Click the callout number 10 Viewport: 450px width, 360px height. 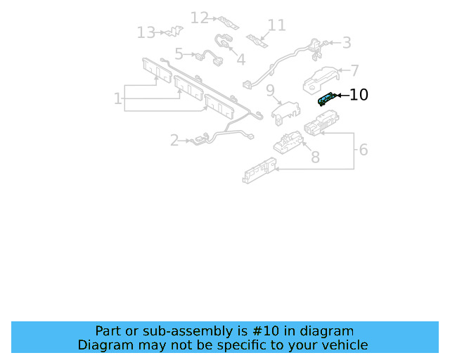click(359, 94)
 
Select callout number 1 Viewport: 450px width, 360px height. click(117, 98)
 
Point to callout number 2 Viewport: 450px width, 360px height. click(174, 141)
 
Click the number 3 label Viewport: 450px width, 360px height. click(347, 43)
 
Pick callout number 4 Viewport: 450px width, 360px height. click(240, 60)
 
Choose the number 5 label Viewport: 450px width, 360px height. click(179, 53)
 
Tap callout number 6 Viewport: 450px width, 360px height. click(363, 150)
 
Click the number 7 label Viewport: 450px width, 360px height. click(355, 70)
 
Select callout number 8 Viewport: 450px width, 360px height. click(315, 157)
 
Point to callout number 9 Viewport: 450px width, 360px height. click(269, 89)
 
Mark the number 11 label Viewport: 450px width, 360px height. click(277, 25)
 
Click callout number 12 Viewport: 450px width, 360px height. click(200, 17)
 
